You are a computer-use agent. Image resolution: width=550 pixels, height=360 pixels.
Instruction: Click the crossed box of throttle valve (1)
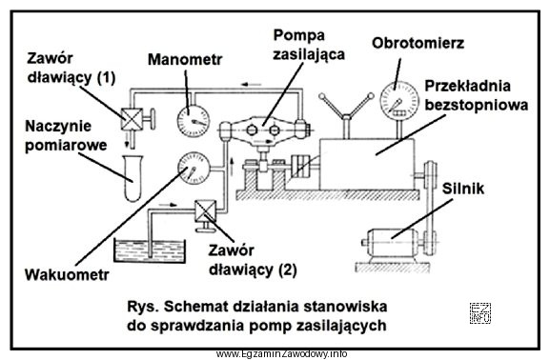pyautogui.click(x=132, y=119)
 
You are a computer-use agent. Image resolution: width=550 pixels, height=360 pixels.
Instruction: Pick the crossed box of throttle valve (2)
pyautogui.click(x=206, y=210)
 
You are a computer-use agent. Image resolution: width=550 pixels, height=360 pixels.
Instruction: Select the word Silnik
pyautogui.click(x=463, y=189)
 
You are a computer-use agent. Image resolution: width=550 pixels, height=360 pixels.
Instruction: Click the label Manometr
pyautogui.click(x=185, y=60)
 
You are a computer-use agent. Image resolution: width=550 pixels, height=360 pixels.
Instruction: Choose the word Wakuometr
pyautogui.click(x=67, y=274)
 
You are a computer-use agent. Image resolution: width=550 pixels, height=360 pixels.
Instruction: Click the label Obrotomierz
pyautogui.click(x=418, y=43)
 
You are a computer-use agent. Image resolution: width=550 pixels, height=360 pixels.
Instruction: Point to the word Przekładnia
pyautogui.click(x=468, y=87)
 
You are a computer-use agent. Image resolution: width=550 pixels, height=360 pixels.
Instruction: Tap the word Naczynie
pyautogui.click(x=58, y=127)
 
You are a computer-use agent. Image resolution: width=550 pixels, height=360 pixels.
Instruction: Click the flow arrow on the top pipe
pyautogui.click(x=252, y=85)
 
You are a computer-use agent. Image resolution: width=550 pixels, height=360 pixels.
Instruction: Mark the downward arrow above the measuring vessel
pyautogui.click(x=127, y=141)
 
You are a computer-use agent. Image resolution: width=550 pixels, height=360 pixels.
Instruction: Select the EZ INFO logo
pyautogui.click(x=480, y=313)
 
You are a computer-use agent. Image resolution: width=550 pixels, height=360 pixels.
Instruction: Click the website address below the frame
pyautogui.click(x=281, y=353)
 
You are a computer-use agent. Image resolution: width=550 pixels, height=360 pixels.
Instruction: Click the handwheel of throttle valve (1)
pyautogui.click(x=152, y=119)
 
